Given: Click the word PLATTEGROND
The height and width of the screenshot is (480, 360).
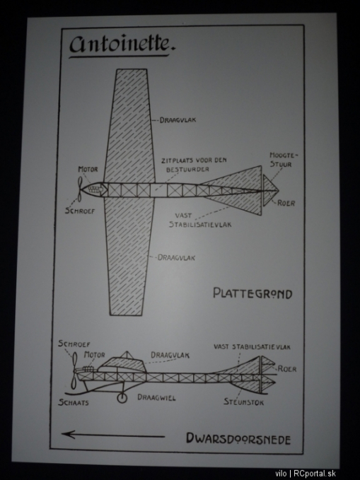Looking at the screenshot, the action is [x=252, y=293].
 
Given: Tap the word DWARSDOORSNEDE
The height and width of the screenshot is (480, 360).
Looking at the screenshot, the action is [x=238, y=438].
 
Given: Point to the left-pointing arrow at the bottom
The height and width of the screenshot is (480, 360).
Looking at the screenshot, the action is [x=113, y=435].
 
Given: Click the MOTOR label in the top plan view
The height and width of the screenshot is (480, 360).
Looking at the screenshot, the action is [x=88, y=169].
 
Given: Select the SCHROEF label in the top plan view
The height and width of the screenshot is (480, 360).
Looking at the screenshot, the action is [x=80, y=211].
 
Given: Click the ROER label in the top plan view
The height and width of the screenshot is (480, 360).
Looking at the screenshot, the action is [x=286, y=204].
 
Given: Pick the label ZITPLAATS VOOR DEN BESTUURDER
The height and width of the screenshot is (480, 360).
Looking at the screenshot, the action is [x=194, y=165].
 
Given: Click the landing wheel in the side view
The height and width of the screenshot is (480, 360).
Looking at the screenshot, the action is [x=122, y=398].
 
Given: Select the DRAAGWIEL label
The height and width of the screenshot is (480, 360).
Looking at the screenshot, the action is [x=156, y=397].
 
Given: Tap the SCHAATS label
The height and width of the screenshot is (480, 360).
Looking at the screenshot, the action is [x=74, y=402].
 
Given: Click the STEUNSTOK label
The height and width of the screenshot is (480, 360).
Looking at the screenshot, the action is [x=243, y=402].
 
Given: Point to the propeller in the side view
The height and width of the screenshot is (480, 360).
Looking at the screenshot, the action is [x=74, y=370].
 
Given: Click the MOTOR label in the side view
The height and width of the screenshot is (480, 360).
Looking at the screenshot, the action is [x=94, y=355].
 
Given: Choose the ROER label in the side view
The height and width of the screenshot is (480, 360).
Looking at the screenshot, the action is [x=287, y=369].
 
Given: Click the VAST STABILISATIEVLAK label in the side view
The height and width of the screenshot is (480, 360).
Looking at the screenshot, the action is [x=252, y=347].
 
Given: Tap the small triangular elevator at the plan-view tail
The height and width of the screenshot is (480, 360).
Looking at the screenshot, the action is [x=271, y=190].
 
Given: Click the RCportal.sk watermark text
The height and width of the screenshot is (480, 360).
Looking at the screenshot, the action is [x=315, y=474].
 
